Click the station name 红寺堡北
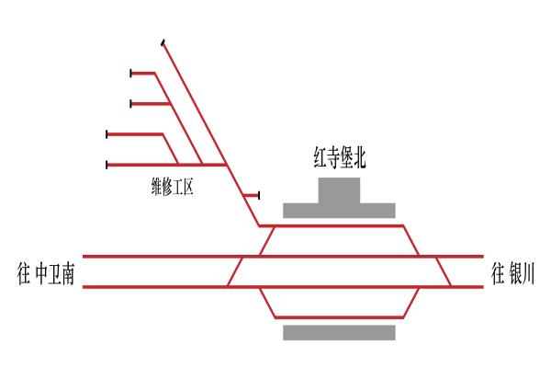coord(340,158)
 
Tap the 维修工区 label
coord(173,187)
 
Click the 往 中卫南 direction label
coord(46,274)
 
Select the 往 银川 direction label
coord(512,273)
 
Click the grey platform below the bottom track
coord(339,332)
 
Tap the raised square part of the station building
coord(339,190)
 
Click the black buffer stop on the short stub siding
coord(259,195)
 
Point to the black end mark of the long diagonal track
coord(163,42)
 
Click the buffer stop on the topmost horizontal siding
coord(131,74)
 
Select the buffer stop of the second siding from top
coord(131,104)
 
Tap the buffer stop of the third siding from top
coord(107,134)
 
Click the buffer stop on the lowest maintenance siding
coord(107,165)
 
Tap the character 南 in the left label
coord(66,274)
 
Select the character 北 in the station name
coord(359,158)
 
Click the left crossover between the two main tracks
coord(235,271)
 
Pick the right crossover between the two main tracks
coord(444,271)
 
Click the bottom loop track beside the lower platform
coord(339,317)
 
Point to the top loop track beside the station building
coord(339,225)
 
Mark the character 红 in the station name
coord(320,158)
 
